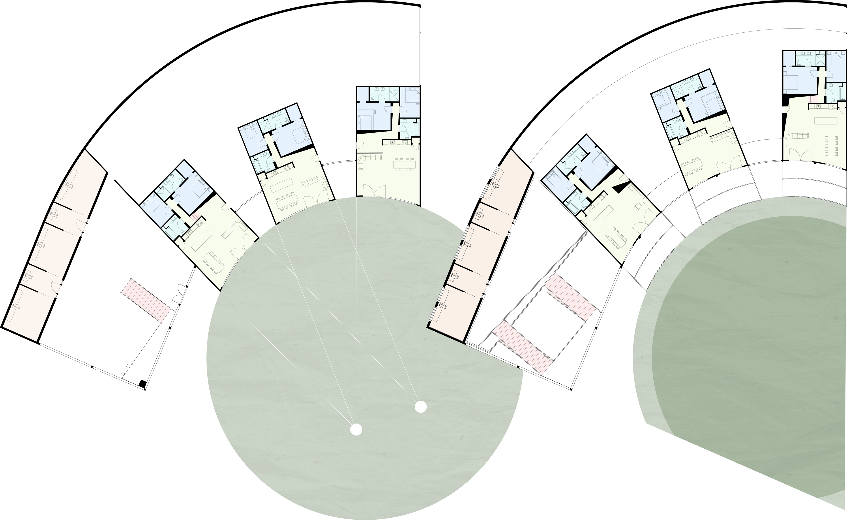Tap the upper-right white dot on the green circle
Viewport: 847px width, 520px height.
point(421,407)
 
